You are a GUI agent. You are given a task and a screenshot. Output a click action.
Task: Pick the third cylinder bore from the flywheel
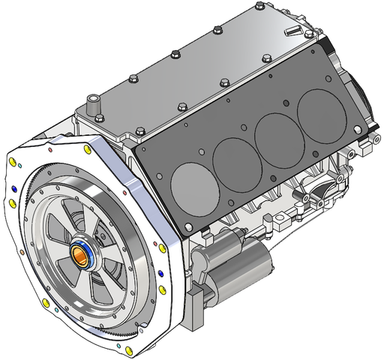(x=275, y=135)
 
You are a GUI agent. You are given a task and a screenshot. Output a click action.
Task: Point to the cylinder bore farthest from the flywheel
(x=317, y=112)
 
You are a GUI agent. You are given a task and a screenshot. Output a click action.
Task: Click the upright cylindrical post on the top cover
(x=92, y=104)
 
